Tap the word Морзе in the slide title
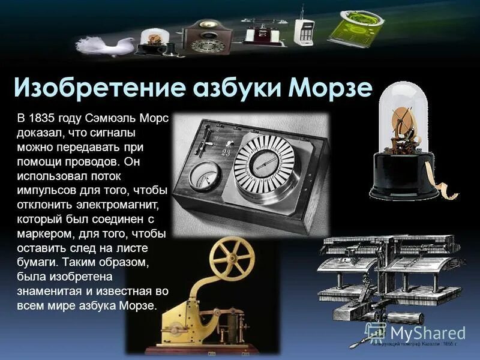click(x=330, y=88)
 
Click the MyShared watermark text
click(x=427, y=333)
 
